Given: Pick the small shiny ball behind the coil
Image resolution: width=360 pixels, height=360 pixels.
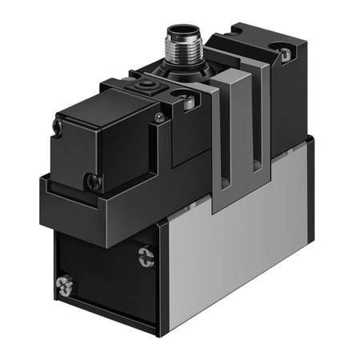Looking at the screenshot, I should tap(160, 118).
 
